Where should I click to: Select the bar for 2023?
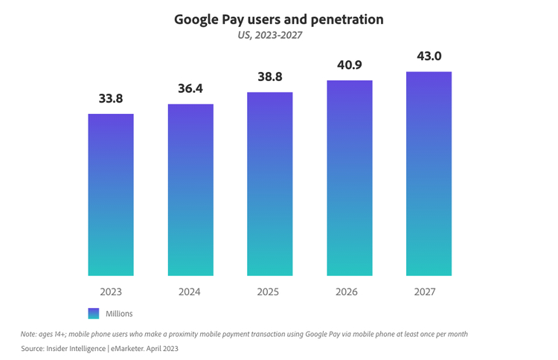[x=111, y=195]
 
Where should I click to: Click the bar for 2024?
[x=190, y=190]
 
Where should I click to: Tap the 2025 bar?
[x=270, y=184]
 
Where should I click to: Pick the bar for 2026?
[x=350, y=179]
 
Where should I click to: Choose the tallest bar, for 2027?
[x=429, y=174]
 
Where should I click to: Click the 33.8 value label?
[x=111, y=99]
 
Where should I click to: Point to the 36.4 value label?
[x=190, y=89]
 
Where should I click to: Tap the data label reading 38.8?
[x=270, y=77]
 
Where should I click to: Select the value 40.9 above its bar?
[x=350, y=65]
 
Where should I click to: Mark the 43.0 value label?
[x=429, y=57]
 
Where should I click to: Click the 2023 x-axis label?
[x=111, y=292]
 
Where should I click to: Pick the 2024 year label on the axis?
[x=190, y=292]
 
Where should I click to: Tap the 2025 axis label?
[x=270, y=292]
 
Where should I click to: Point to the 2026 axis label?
[x=350, y=292]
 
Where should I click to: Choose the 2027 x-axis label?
[x=429, y=292]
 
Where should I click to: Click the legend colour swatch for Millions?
[x=94, y=313]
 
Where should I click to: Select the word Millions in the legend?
[x=119, y=314]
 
